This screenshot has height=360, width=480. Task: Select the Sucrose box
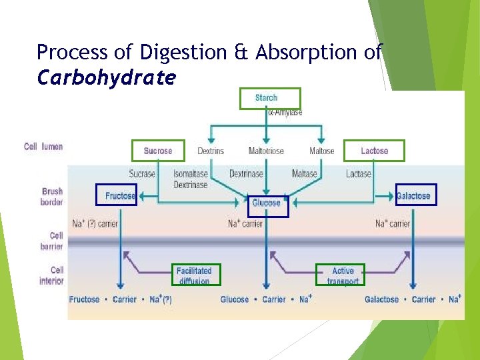157,151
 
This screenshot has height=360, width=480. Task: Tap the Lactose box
374,151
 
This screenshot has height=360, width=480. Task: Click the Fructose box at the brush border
117,195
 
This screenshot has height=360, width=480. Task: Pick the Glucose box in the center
266,203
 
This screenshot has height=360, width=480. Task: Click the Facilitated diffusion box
194,275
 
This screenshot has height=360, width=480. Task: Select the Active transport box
343,275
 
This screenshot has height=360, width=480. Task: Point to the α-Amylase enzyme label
285,113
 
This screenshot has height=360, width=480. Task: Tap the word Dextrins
211,151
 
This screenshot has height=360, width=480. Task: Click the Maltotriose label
265,151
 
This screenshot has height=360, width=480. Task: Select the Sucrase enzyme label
142,174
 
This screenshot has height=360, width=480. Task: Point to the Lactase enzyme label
359,174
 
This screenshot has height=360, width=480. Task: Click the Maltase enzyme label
304,174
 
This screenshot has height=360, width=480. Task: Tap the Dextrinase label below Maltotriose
246,174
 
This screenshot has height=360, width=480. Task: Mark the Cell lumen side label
43,147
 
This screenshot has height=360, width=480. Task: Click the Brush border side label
52,197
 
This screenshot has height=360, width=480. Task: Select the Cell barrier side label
52,241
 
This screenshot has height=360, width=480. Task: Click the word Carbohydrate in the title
107,79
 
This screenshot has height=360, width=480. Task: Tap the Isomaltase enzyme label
191,174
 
